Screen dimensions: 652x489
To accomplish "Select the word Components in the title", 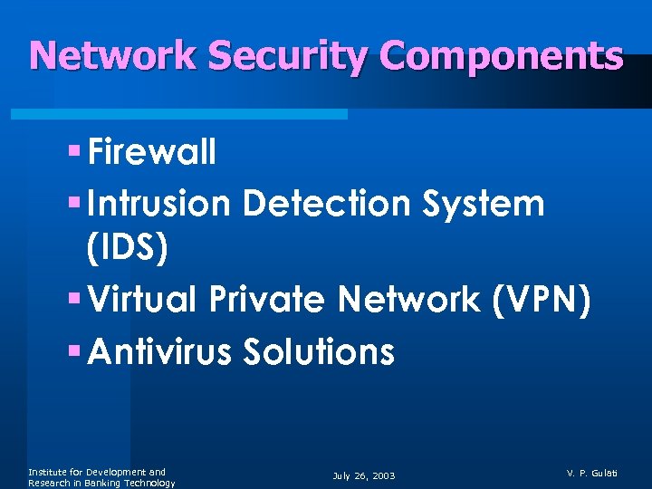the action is pos(502,56).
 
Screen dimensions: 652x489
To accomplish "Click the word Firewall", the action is pos(153,153).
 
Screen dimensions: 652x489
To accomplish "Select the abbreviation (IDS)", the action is pos(126,250).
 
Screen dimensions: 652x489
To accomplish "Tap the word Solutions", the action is pos(319,350).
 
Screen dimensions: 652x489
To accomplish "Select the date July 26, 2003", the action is pos(364,475).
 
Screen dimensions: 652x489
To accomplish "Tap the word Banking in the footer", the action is pos(112,484).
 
